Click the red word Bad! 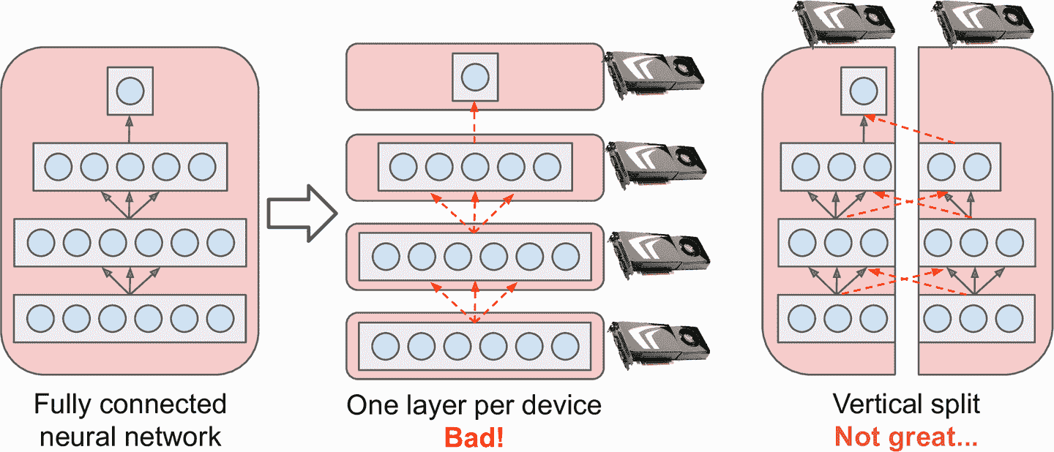(473, 437)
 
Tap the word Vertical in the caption (875, 404)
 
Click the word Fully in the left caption (64, 404)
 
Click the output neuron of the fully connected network (130, 91)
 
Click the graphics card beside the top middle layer (655, 72)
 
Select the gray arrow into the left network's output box (130, 129)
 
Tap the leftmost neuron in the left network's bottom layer (40, 318)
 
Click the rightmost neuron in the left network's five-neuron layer (202, 167)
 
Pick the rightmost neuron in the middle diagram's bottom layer (565, 344)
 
